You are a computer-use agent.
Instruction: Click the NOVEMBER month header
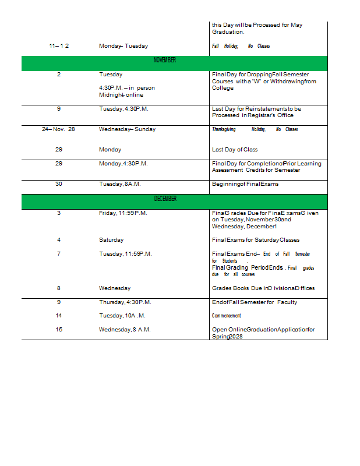point(165,61)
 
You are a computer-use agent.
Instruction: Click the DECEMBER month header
point(165,199)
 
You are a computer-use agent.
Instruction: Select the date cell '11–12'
point(59,46)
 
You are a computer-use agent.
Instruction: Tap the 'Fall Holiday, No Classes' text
point(241,46)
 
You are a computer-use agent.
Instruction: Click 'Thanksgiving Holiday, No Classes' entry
point(255,129)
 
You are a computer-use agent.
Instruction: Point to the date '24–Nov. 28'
point(58,129)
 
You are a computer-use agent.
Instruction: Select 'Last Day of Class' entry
point(235,150)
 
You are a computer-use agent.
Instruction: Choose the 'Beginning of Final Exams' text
point(245,184)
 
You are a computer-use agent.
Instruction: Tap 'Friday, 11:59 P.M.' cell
point(123,213)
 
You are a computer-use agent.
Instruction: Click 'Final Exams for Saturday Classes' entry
point(256,240)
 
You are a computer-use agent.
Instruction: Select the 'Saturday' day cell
point(111,240)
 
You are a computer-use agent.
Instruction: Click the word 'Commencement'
point(226,316)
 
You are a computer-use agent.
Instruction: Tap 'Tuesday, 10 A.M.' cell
point(122,316)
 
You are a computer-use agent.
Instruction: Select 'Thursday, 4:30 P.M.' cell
point(125,302)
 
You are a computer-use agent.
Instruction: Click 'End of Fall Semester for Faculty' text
point(255,302)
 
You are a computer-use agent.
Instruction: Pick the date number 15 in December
point(59,330)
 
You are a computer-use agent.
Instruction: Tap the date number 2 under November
point(59,75)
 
